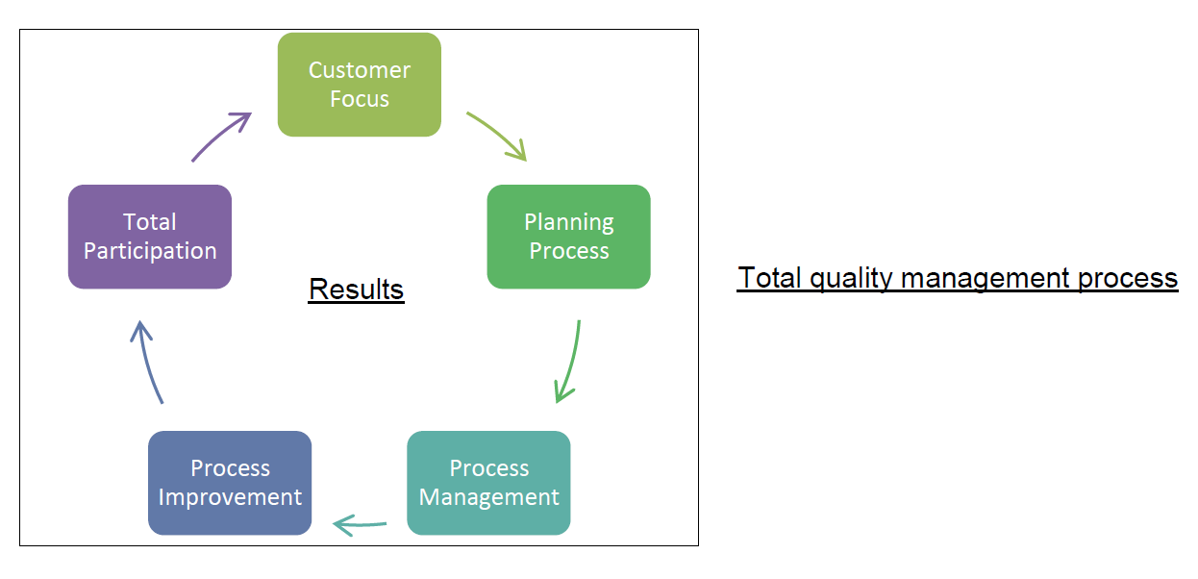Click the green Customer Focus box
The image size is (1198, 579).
coord(359,85)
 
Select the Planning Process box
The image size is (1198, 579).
coord(568,237)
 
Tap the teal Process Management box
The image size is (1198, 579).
coord(488,483)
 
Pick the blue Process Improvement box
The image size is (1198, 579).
coord(230,483)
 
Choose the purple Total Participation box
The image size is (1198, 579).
coord(149,237)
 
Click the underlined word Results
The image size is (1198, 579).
coord(356,289)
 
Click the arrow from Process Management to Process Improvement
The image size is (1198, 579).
coord(360,524)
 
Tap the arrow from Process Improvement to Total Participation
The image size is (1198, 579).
coord(147,361)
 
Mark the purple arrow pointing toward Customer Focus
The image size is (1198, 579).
coord(222,135)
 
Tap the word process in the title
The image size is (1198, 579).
coord(1127,278)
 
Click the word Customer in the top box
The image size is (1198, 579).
coord(359,70)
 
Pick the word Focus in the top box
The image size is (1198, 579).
coord(359,99)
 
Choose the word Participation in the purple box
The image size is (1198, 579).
coord(149,251)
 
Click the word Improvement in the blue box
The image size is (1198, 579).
coord(230,497)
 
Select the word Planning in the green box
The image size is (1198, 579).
coord(568,222)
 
